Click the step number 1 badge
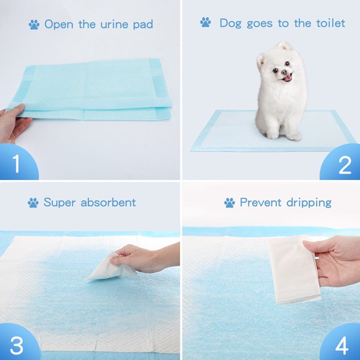point(16,163)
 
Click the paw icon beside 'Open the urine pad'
point(34,25)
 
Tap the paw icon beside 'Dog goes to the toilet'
point(206,22)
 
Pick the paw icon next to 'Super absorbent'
point(33,203)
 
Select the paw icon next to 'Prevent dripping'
point(230,203)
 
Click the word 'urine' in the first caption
point(114,25)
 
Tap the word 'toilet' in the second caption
point(331,23)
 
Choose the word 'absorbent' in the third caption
point(108,202)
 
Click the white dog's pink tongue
point(287,79)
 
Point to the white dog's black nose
point(284,72)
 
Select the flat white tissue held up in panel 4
point(295,270)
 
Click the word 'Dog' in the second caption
point(230,24)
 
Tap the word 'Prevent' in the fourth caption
point(261,202)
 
